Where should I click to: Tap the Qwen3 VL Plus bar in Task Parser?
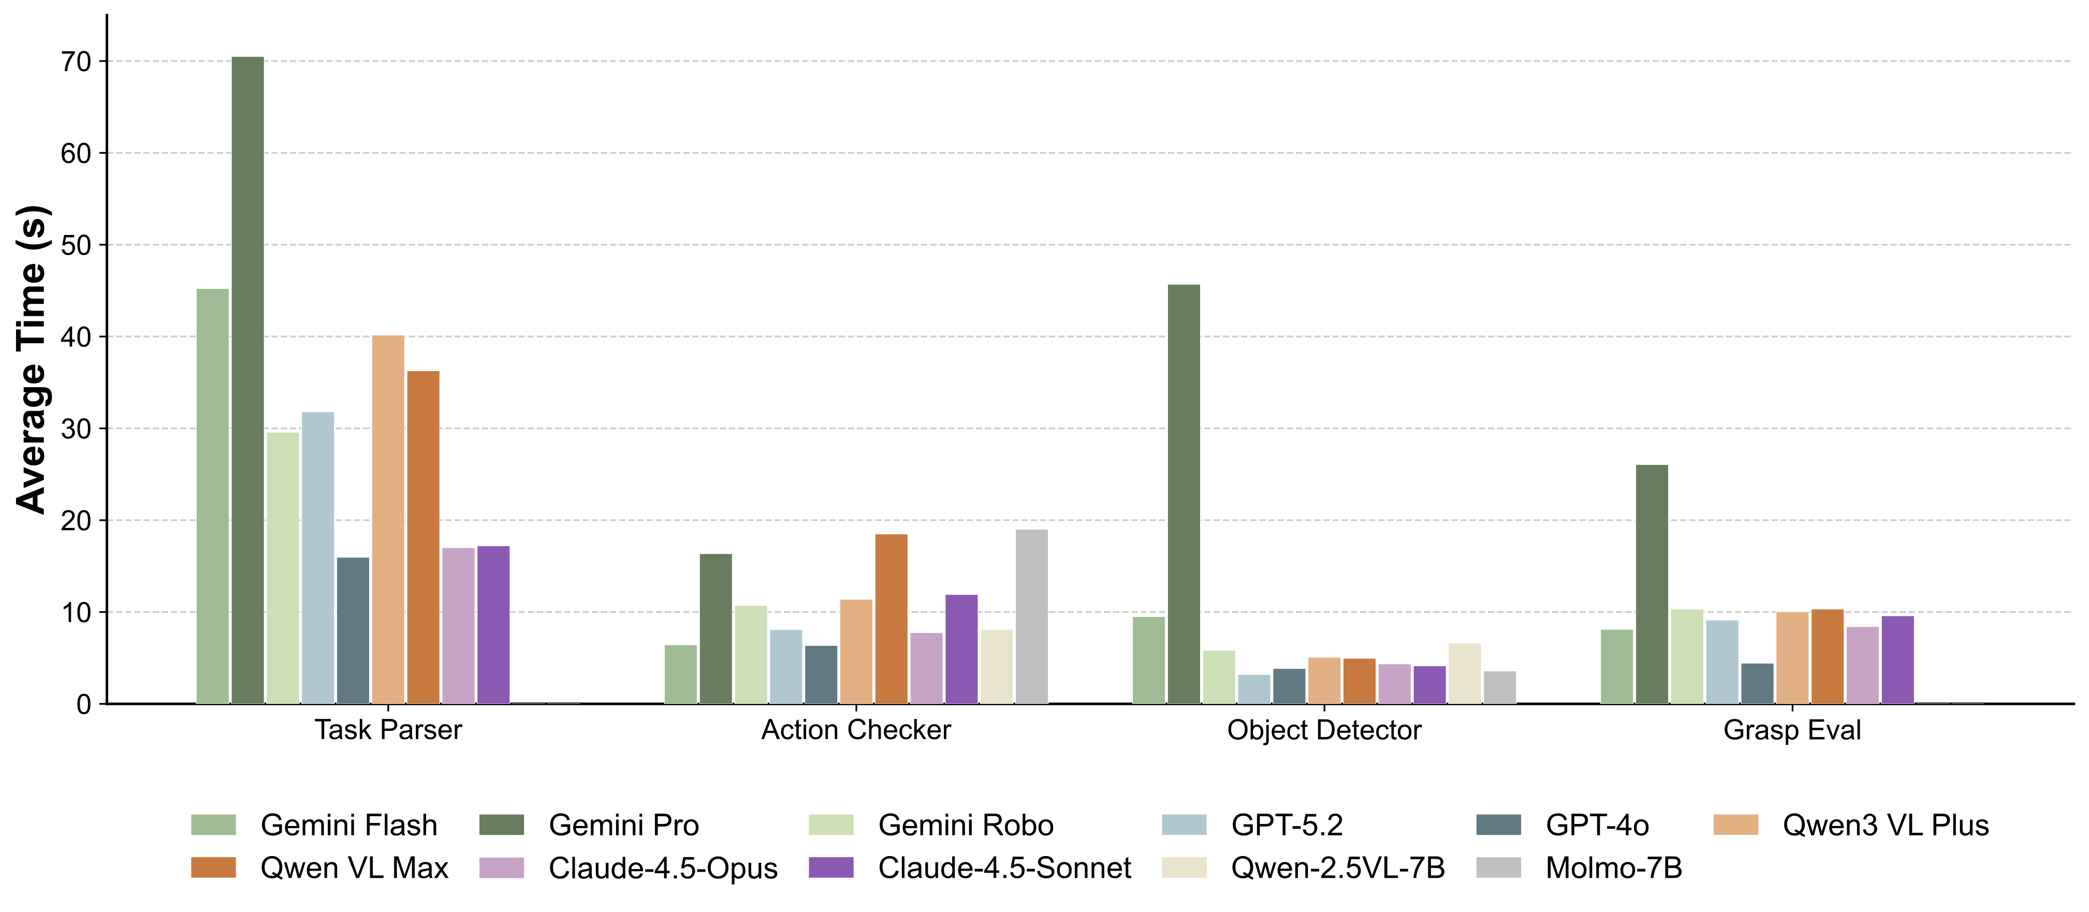click(388, 519)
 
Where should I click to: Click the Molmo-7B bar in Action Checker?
click(1031, 616)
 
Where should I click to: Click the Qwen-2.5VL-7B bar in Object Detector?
click(1465, 673)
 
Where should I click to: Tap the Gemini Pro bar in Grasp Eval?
click(1652, 584)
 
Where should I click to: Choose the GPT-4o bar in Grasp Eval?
click(1757, 683)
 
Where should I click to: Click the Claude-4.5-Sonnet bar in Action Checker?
click(961, 649)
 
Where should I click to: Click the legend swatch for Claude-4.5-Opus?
click(501, 867)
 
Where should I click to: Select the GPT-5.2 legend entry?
click(1286, 825)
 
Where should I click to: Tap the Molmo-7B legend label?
click(1613, 867)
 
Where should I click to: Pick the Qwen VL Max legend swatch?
click(213, 867)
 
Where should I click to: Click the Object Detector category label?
click(1323, 730)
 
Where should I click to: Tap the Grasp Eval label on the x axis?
click(1791, 730)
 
